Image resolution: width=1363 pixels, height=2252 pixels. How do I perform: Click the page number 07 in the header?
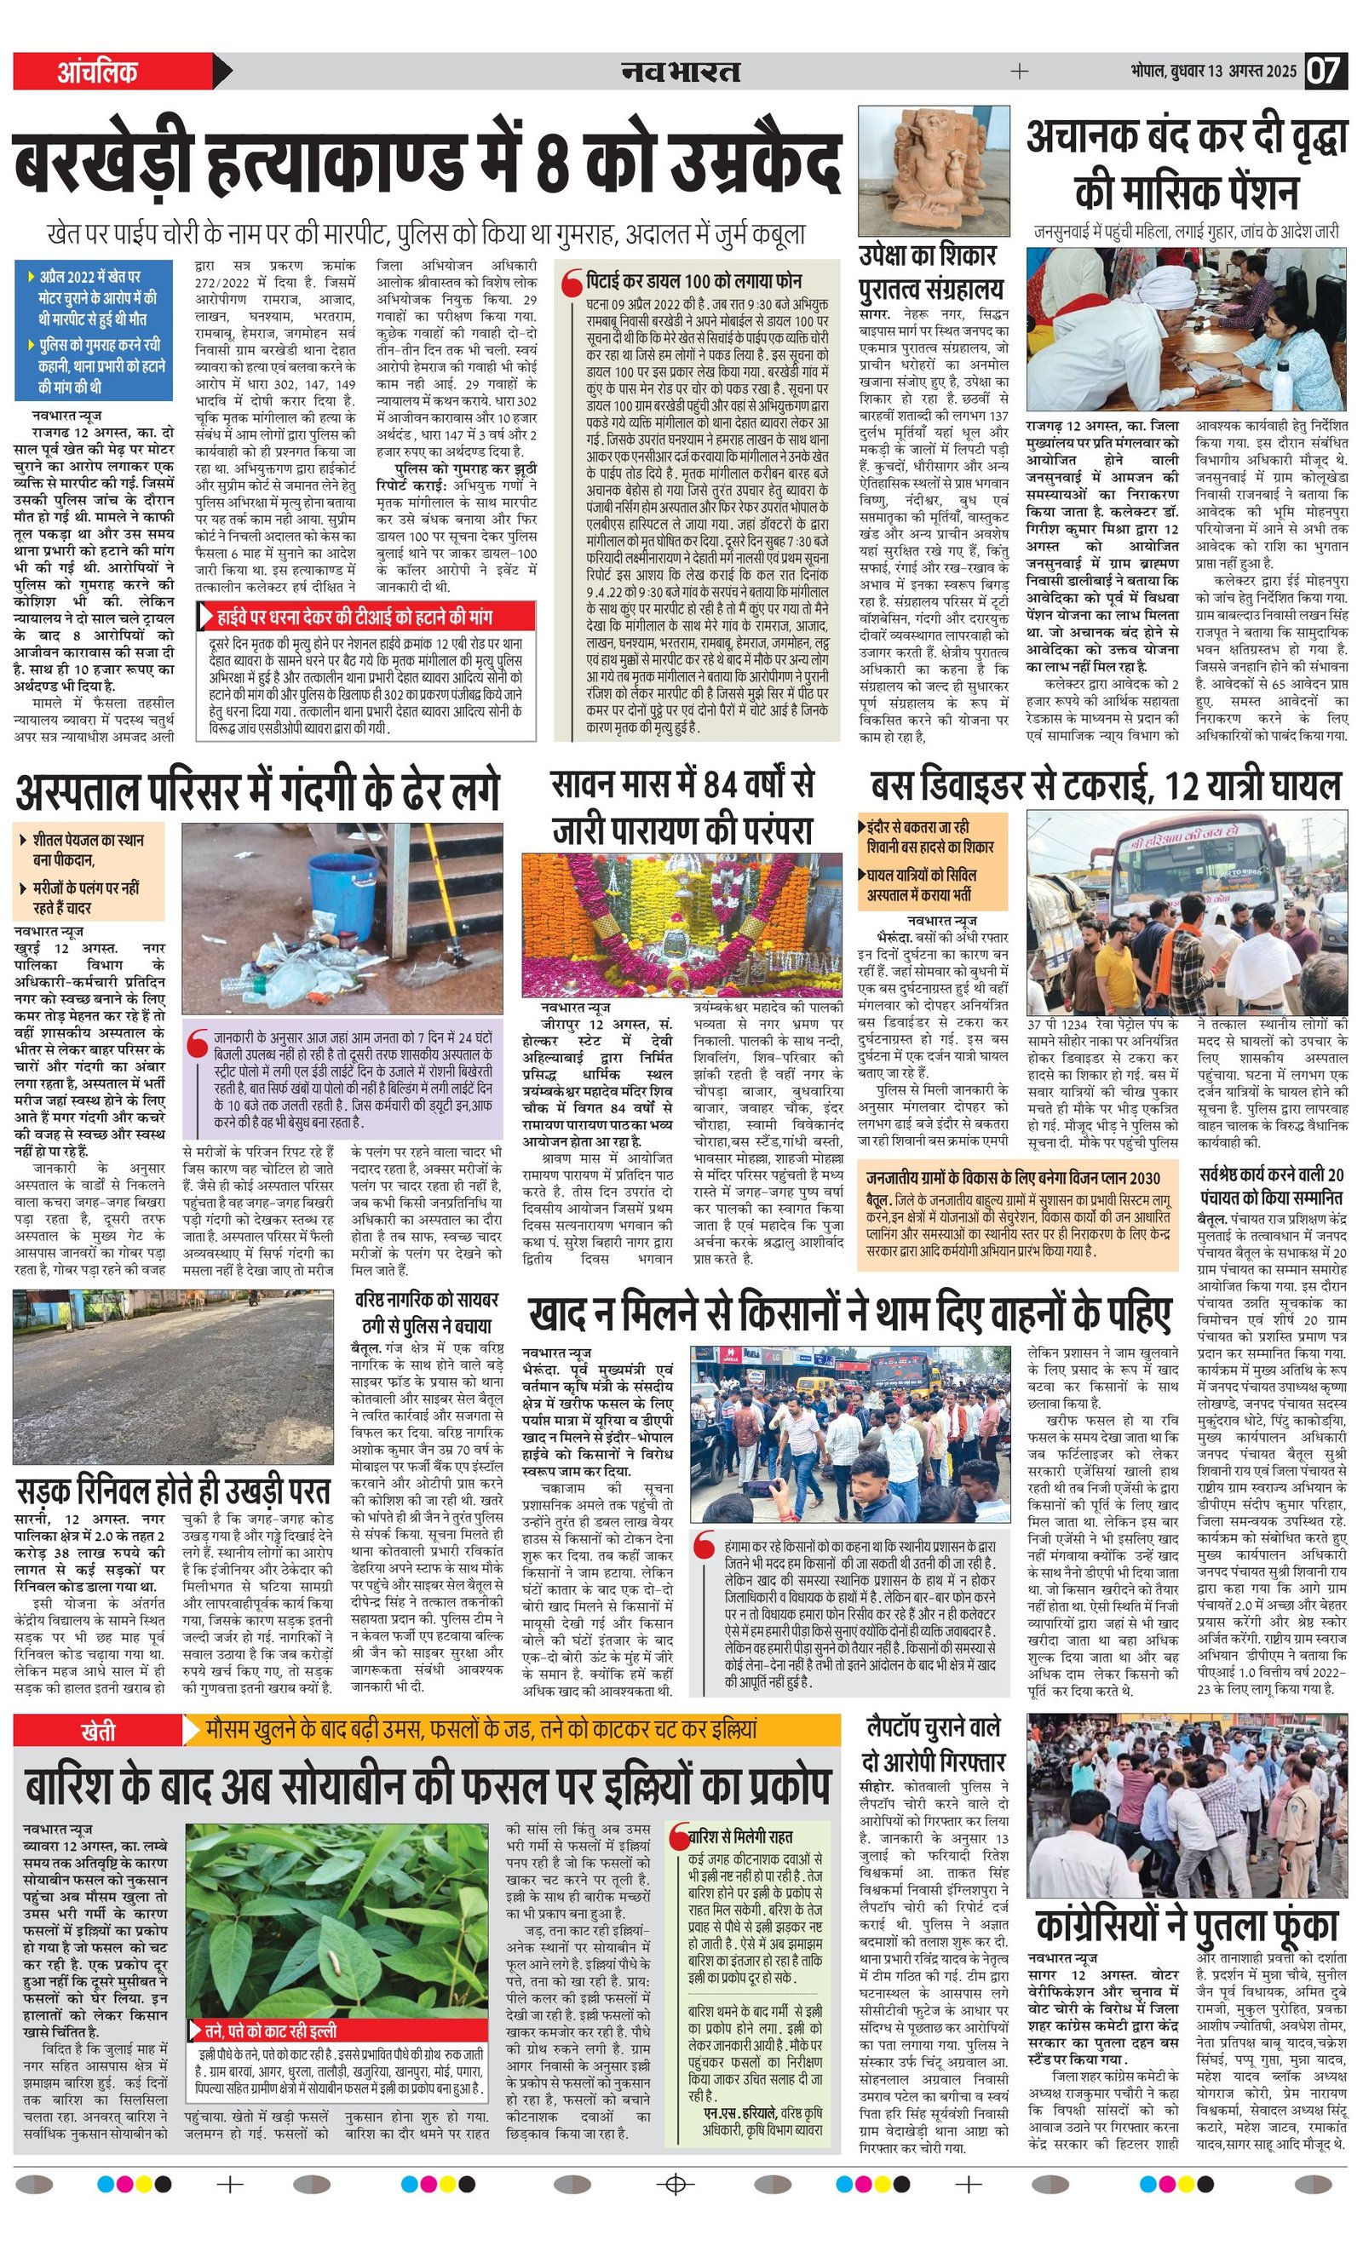click(x=1323, y=72)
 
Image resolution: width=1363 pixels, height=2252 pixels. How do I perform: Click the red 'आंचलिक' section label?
click(x=98, y=72)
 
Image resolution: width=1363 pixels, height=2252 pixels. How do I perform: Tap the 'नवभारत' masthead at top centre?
click(x=681, y=72)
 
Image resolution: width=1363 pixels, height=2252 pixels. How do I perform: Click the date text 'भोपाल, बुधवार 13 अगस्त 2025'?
click(x=1212, y=72)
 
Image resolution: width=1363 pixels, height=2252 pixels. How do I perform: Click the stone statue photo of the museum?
click(x=934, y=170)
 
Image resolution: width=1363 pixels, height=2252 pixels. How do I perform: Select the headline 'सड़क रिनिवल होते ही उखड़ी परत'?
click(x=174, y=1491)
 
